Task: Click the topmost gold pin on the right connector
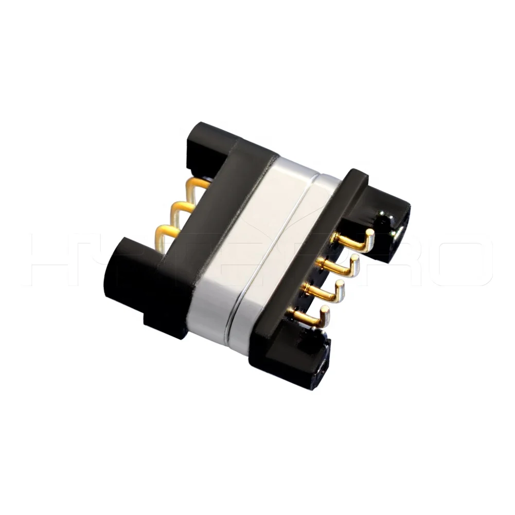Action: (x=355, y=241)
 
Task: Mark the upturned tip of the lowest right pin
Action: (x=325, y=310)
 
